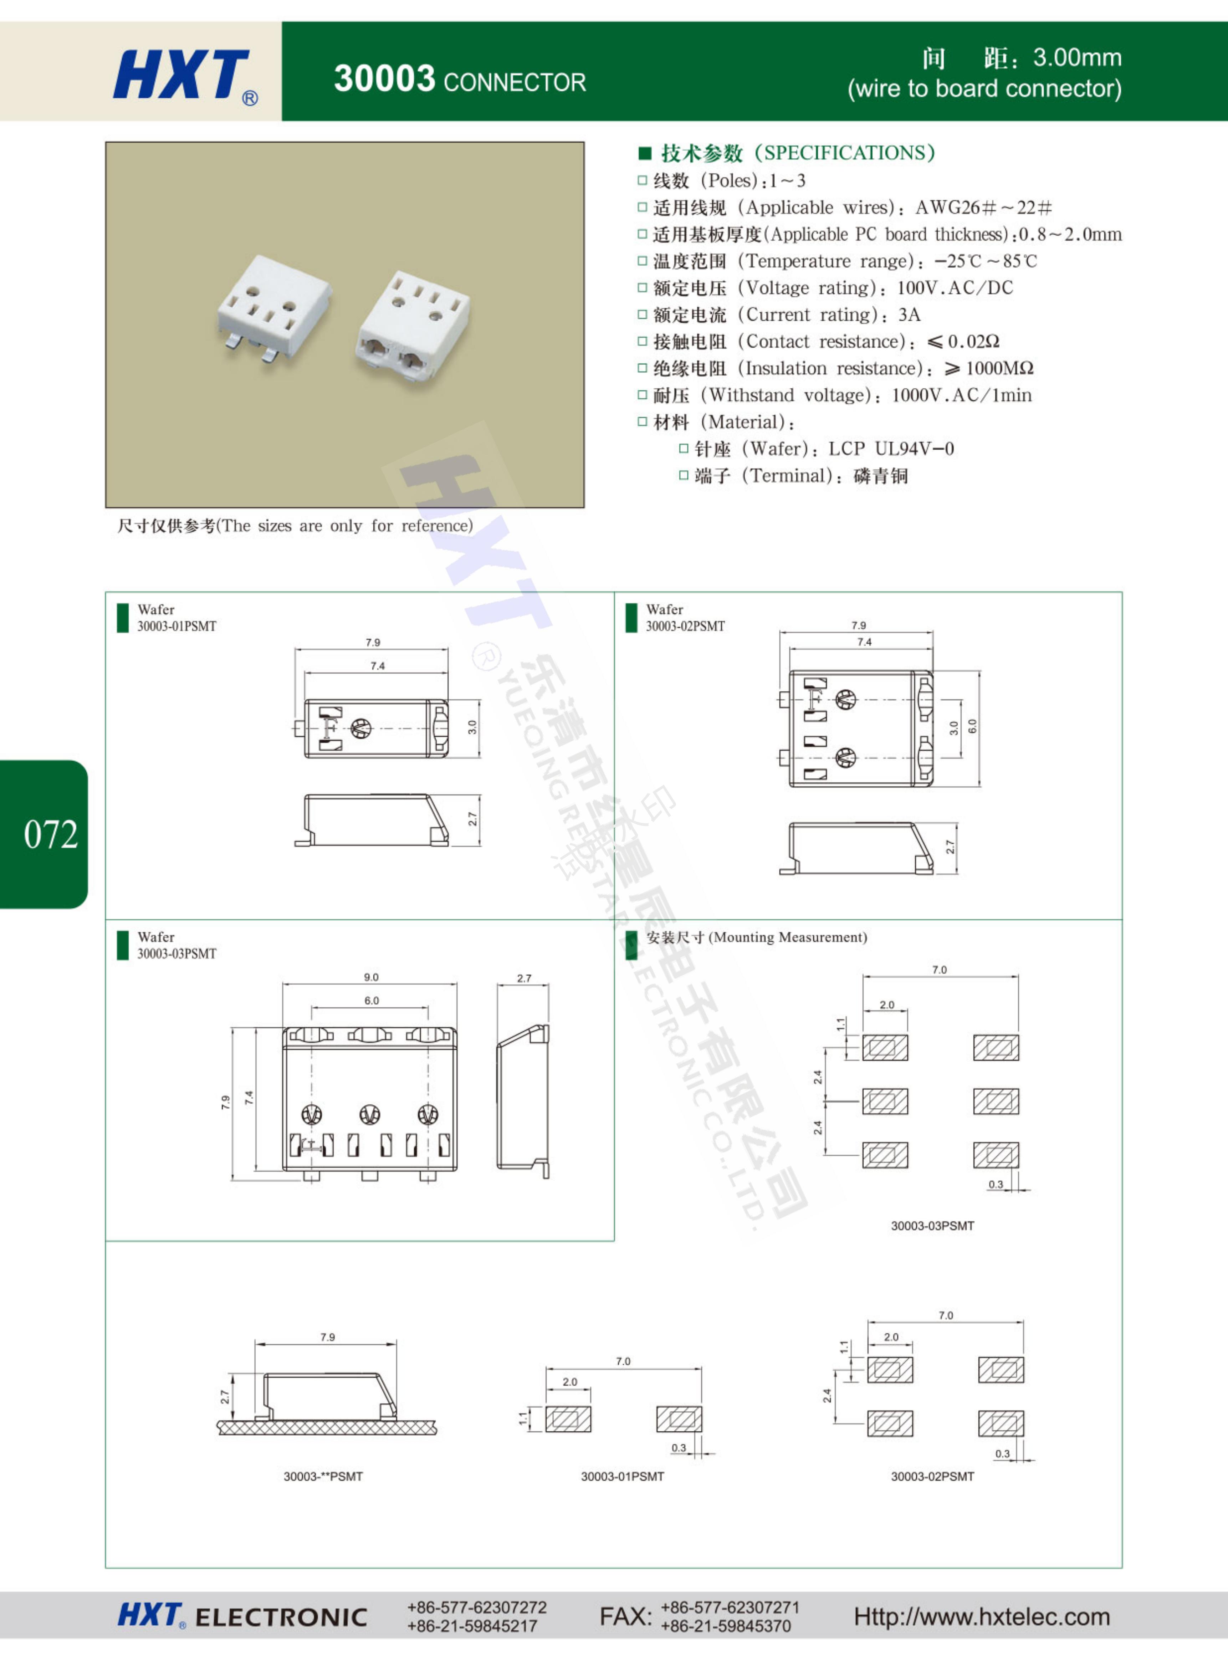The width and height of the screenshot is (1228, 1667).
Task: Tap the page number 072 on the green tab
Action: [51, 834]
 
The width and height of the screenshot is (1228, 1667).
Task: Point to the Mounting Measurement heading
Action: [757, 937]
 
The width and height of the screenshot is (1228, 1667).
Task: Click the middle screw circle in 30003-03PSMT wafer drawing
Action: [369, 1114]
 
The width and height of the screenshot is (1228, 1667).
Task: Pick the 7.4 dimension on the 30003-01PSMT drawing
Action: [378, 666]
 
